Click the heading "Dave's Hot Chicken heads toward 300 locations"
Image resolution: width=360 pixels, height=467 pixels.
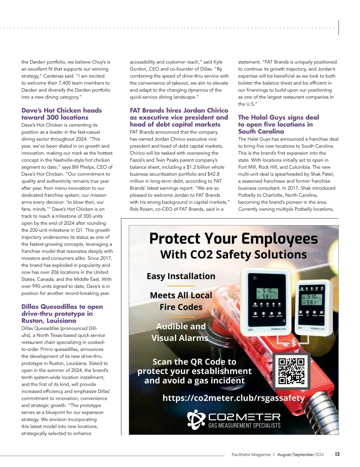tap(61, 114)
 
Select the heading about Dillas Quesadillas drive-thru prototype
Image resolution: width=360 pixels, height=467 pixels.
tap(62, 314)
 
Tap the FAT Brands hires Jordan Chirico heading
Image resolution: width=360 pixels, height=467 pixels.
tap(179, 117)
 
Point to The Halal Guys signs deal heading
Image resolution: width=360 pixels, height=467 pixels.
tap(278, 124)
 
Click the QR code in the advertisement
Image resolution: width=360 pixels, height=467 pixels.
tap(291, 371)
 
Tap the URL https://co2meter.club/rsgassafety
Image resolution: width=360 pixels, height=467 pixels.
tap(233, 398)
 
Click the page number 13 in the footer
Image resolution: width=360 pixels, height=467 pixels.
tap(337, 454)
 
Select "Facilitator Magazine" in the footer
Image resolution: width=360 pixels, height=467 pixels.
tap(251, 454)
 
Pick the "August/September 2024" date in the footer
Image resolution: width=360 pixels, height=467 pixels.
tap(300, 454)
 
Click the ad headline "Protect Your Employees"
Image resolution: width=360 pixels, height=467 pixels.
tap(233, 239)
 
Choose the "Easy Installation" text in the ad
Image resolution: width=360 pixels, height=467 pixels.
tap(181, 276)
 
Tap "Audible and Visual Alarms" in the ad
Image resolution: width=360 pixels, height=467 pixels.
tap(180, 332)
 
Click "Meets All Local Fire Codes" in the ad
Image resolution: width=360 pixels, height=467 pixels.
tap(181, 301)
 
